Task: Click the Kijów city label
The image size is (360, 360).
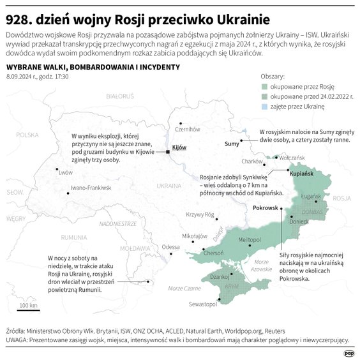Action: tap(179, 147)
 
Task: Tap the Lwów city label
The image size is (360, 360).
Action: tap(65, 172)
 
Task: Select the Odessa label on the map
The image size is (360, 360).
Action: tap(170, 246)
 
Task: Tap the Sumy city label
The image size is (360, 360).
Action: tap(232, 144)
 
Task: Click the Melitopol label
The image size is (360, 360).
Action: tap(250, 239)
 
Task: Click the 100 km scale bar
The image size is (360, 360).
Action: tap(27, 310)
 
